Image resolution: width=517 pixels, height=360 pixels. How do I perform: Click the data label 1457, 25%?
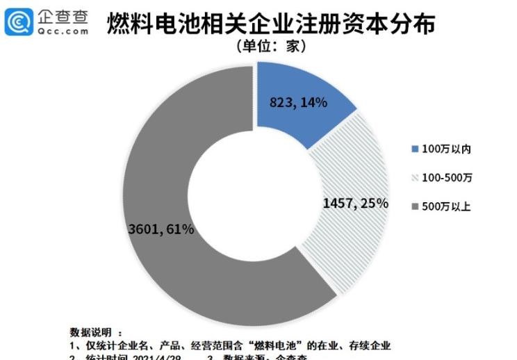355,203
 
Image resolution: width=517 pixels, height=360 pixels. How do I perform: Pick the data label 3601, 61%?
161,227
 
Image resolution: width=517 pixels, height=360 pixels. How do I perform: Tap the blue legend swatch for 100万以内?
416,149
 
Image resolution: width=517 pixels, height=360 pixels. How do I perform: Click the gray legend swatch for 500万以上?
416,206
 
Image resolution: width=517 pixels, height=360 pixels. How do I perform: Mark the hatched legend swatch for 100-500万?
416,178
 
